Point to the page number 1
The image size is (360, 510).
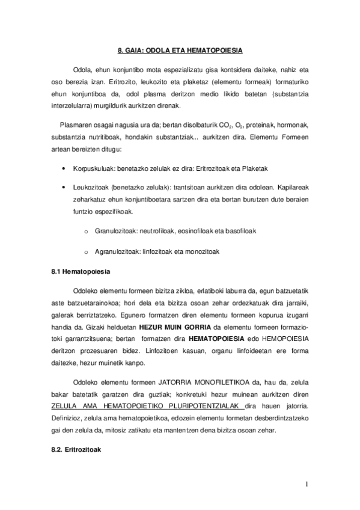pyautogui.click(x=306, y=484)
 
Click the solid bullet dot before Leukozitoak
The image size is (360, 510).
pyautogui.click(x=64, y=187)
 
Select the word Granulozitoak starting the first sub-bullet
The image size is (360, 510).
pyautogui.click(x=115, y=230)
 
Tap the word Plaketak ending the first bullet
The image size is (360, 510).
pyautogui.click(x=239, y=170)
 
